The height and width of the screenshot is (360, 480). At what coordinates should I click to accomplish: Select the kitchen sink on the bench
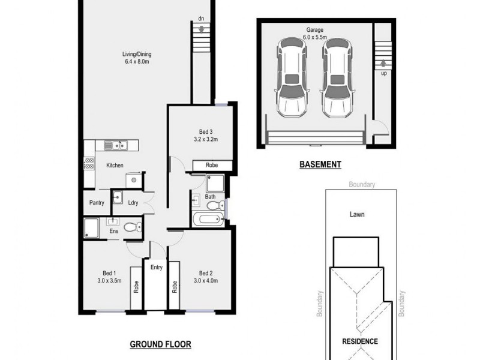click(114, 145)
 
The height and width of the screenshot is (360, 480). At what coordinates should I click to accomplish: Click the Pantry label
click(97, 203)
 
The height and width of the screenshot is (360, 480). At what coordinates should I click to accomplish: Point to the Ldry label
click(133, 203)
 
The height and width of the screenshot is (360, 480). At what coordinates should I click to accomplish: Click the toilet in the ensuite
click(137, 226)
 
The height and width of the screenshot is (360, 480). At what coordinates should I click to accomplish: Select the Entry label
click(157, 268)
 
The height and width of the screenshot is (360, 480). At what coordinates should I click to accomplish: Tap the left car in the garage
click(291, 80)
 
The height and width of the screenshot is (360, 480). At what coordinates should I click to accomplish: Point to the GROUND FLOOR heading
click(160, 344)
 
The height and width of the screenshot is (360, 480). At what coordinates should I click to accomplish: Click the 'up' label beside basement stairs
click(383, 74)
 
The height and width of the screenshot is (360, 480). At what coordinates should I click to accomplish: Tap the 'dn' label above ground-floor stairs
click(203, 19)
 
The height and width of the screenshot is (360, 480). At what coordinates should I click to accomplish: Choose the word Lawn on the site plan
click(358, 214)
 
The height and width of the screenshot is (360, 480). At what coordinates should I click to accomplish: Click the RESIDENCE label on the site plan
click(359, 341)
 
